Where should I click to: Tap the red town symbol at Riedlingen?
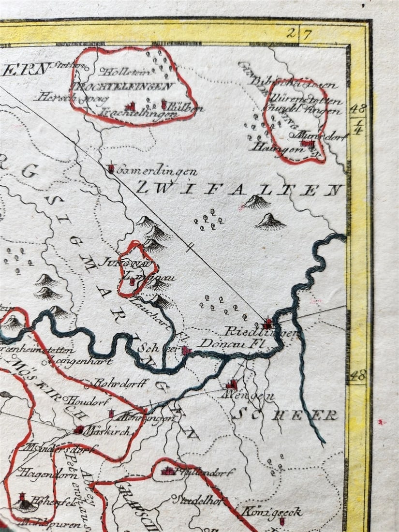tap(268, 323)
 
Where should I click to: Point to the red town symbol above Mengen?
tap(232, 384)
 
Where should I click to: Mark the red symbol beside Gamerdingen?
tap(111, 168)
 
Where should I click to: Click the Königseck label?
tap(272, 512)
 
